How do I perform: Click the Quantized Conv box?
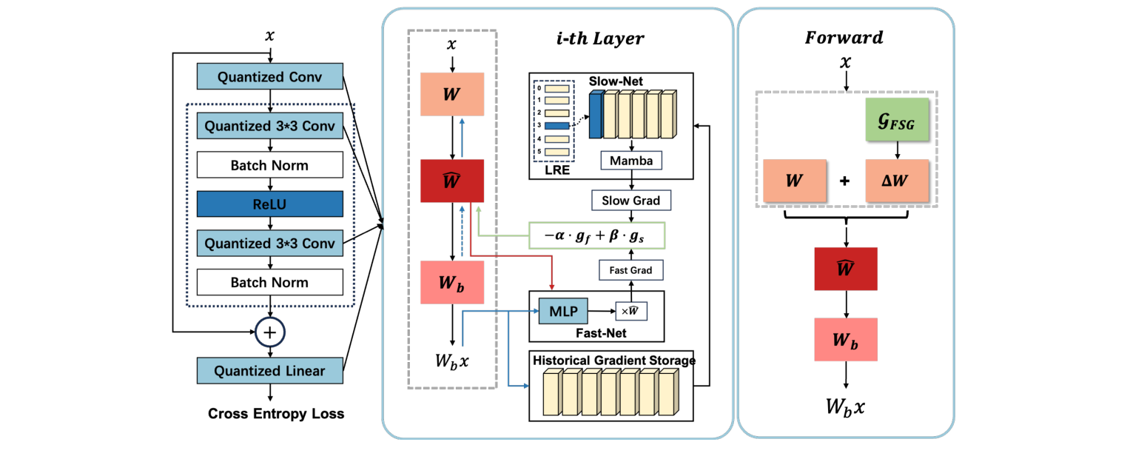(270, 77)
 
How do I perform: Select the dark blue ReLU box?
(270, 204)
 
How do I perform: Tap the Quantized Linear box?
(270, 370)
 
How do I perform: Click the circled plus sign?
(270, 332)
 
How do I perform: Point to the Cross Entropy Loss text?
(276, 414)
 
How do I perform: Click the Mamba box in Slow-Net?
(630, 160)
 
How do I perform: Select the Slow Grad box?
(630, 201)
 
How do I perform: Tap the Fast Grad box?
(630, 270)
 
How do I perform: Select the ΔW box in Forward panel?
(896, 181)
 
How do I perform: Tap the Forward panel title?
(844, 38)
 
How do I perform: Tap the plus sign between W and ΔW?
(844, 181)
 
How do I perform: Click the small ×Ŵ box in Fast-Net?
(631, 311)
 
